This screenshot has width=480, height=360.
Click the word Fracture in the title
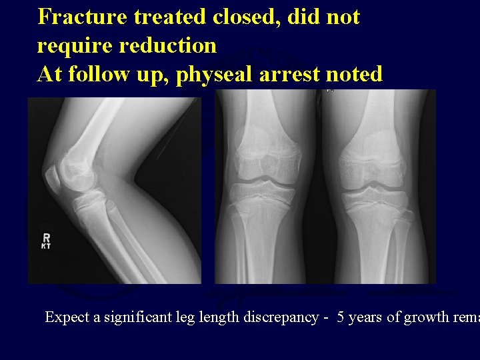click(83, 17)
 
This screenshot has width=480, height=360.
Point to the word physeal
click(215, 74)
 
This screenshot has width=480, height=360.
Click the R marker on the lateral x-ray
click(46, 237)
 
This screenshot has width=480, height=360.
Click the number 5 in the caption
click(341, 317)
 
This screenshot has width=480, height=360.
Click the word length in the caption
click(207, 317)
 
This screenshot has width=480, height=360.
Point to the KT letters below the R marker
click(46, 247)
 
